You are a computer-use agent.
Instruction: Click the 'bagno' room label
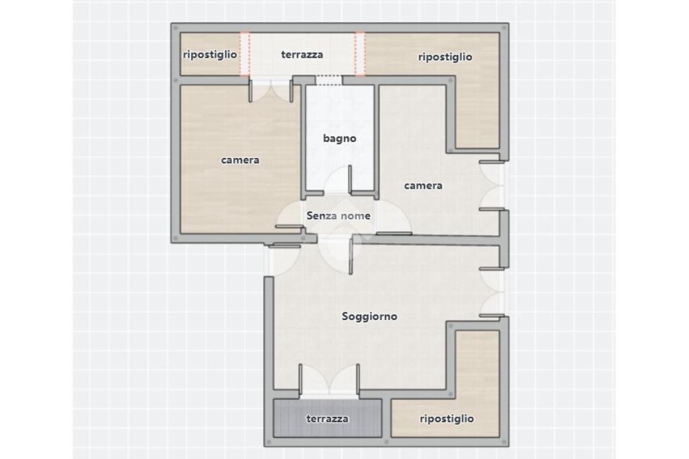tap(339, 138)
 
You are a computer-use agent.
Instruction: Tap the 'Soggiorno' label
tap(369, 317)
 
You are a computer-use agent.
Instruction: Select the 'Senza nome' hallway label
tap(338, 216)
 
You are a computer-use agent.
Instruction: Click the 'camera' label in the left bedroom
tap(240, 160)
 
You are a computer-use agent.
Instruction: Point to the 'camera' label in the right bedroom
tap(423, 185)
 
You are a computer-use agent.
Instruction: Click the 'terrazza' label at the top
tap(302, 55)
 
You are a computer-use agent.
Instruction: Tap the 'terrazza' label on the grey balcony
tap(328, 419)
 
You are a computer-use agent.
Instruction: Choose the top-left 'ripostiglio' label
tap(210, 55)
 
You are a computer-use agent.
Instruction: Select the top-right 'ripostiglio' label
tap(445, 57)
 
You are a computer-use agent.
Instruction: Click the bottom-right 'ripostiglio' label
tap(447, 419)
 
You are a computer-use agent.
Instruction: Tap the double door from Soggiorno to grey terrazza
tap(329, 381)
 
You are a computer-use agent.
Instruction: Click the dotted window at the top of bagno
tap(328, 80)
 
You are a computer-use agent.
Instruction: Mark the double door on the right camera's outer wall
tap(492, 185)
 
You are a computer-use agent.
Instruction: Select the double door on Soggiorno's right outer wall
tap(492, 292)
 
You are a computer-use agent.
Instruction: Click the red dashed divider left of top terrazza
tap(245, 54)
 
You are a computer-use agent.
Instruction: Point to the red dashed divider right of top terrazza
tap(360, 54)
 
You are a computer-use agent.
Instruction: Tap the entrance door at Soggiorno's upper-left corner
tap(283, 261)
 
